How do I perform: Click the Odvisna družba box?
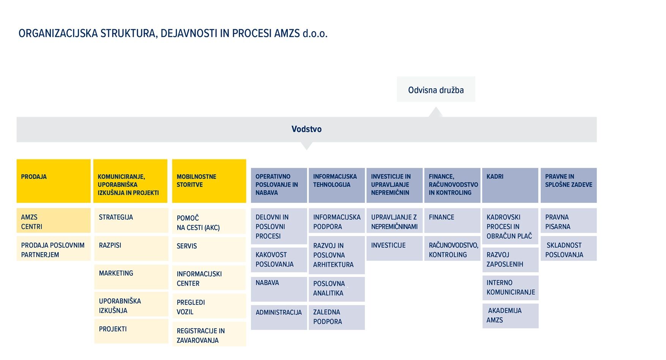pos(436,89)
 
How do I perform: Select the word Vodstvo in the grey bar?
pos(306,129)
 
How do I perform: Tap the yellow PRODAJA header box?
pos(54,181)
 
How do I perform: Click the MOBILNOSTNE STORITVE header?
pos(209,181)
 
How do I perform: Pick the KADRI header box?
pos(510,185)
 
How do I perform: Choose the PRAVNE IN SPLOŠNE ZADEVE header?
pos(568,185)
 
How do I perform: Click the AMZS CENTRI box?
pos(54,220)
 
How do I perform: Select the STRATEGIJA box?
pos(131,220)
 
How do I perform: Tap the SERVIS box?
pos(209,249)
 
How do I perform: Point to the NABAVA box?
pos(279,289)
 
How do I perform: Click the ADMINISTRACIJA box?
pos(279,317)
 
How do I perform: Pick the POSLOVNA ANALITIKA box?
pos(336,289)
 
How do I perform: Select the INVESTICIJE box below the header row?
pos(394,248)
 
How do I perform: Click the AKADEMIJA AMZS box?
pos(510,316)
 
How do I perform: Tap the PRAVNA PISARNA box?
pos(568,220)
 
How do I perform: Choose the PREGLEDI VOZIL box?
pos(209,306)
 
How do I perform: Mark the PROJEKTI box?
pos(131,331)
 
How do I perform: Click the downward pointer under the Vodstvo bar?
pos(306,146)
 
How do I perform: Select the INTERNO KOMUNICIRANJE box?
pos(510,288)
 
